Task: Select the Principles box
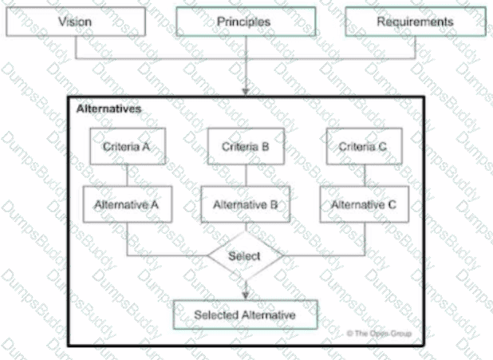(243, 22)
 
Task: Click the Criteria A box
(126, 146)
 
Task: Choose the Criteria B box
(245, 146)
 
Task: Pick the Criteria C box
(363, 146)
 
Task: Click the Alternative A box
(126, 204)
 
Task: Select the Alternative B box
(245, 204)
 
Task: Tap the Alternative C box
(363, 204)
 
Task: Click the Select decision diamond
(245, 256)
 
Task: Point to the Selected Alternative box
(245, 315)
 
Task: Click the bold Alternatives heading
(109, 108)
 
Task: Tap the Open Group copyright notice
(380, 332)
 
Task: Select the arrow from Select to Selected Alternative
(245, 289)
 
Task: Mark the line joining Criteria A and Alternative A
(126, 176)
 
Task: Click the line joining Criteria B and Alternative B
(245, 176)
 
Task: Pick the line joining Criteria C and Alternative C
(363, 176)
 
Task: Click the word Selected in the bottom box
(215, 315)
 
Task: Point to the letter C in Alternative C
(392, 204)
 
